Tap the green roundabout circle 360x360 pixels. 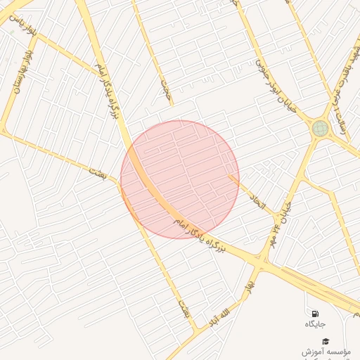click(320, 128)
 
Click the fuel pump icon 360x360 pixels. click(314, 313)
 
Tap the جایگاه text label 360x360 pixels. click(314, 324)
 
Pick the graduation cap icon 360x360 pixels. click(325, 340)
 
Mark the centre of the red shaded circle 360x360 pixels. click(179, 179)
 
